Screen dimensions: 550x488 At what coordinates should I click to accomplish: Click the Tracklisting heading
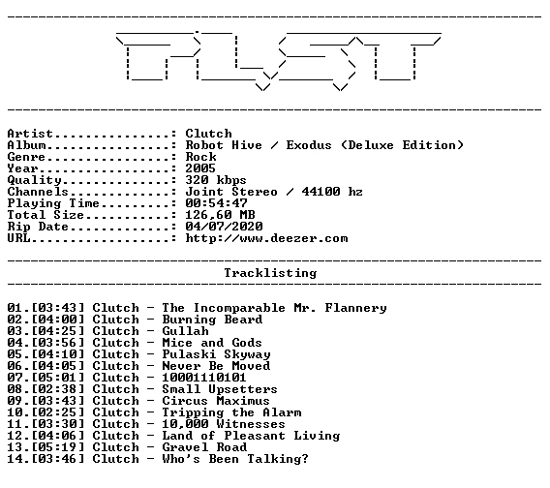click(x=270, y=273)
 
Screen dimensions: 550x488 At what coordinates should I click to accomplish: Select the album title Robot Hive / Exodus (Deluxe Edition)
click(x=324, y=145)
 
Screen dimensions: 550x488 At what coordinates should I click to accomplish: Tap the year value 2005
click(x=200, y=168)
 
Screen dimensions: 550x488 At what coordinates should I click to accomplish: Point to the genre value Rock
click(x=201, y=157)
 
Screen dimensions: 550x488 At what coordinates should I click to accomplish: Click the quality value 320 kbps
click(x=216, y=180)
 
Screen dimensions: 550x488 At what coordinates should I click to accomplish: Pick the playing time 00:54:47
click(x=217, y=203)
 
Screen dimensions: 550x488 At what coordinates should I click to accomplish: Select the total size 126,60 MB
click(x=220, y=215)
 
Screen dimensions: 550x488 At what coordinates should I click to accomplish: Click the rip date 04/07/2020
click(x=224, y=227)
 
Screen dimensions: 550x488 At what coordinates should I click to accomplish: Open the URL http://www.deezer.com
click(x=267, y=238)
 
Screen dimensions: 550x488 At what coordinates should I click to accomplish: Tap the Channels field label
click(x=38, y=192)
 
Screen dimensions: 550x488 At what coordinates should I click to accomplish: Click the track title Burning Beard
click(x=212, y=320)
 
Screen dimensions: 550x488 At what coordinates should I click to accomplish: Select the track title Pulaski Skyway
click(x=217, y=354)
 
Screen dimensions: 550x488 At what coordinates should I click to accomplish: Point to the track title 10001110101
click(x=204, y=378)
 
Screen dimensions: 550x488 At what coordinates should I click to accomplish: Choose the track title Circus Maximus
click(x=216, y=401)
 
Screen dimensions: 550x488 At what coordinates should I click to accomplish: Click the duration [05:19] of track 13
click(x=58, y=447)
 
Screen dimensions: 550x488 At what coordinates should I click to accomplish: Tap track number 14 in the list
click(x=15, y=459)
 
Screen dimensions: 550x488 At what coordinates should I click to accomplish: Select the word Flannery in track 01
click(x=355, y=308)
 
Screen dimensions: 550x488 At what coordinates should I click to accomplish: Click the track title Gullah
click(x=185, y=331)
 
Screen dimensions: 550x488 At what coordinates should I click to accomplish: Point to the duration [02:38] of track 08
click(x=58, y=389)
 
